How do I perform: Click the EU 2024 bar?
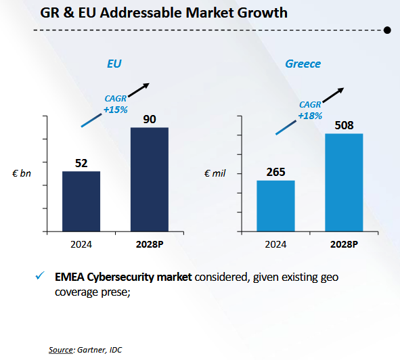tap(81, 201)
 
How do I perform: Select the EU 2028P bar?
tap(150, 179)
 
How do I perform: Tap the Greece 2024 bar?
tap(275, 206)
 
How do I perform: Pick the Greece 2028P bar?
tap(344, 183)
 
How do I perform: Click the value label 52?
tap(81, 163)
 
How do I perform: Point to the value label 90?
tap(150, 119)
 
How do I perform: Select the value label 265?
tap(275, 173)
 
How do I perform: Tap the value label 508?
tap(344, 125)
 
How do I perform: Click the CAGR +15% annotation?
tap(116, 104)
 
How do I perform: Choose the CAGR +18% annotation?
tap(310, 110)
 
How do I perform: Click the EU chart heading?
tap(114, 64)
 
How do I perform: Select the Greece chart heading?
tap(303, 64)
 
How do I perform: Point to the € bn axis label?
tap(22, 173)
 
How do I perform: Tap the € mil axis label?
tap(215, 173)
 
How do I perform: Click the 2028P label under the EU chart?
tap(150, 244)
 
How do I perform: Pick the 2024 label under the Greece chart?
tap(275, 244)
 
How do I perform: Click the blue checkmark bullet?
tap(40, 275)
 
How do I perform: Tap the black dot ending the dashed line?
tap(387, 30)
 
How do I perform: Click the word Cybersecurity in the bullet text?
tap(120, 277)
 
